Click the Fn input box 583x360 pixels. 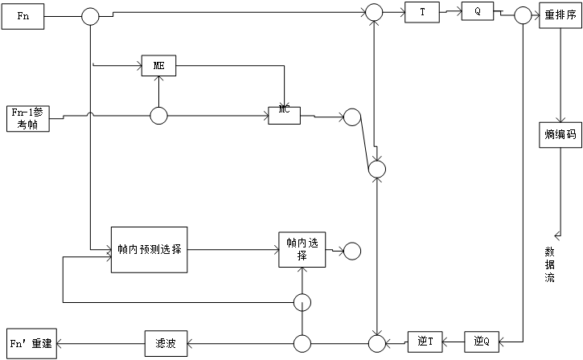click(x=23, y=16)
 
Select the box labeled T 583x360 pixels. click(x=422, y=12)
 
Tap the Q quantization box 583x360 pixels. click(x=478, y=11)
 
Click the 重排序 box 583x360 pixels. click(x=560, y=14)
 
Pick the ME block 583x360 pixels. click(x=158, y=66)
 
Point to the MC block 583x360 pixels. click(x=284, y=114)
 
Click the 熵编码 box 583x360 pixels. click(x=560, y=135)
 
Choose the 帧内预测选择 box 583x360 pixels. click(x=149, y=249)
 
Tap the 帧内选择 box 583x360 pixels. click(x=302, y=249)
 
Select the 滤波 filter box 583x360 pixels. click(x=166, y=343)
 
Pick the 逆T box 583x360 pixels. click(x=425, y=342)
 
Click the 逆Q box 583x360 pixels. click(x=481, y=342)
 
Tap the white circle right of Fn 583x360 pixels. click(x=90, y=16)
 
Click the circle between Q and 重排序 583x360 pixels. click(x=523, y=15)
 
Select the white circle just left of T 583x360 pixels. click(x=374, y=12)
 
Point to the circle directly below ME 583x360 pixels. click(x=158, y=116)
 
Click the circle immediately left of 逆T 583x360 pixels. click(x=376, y=344)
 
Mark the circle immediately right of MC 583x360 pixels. click(x=352, y=117)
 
